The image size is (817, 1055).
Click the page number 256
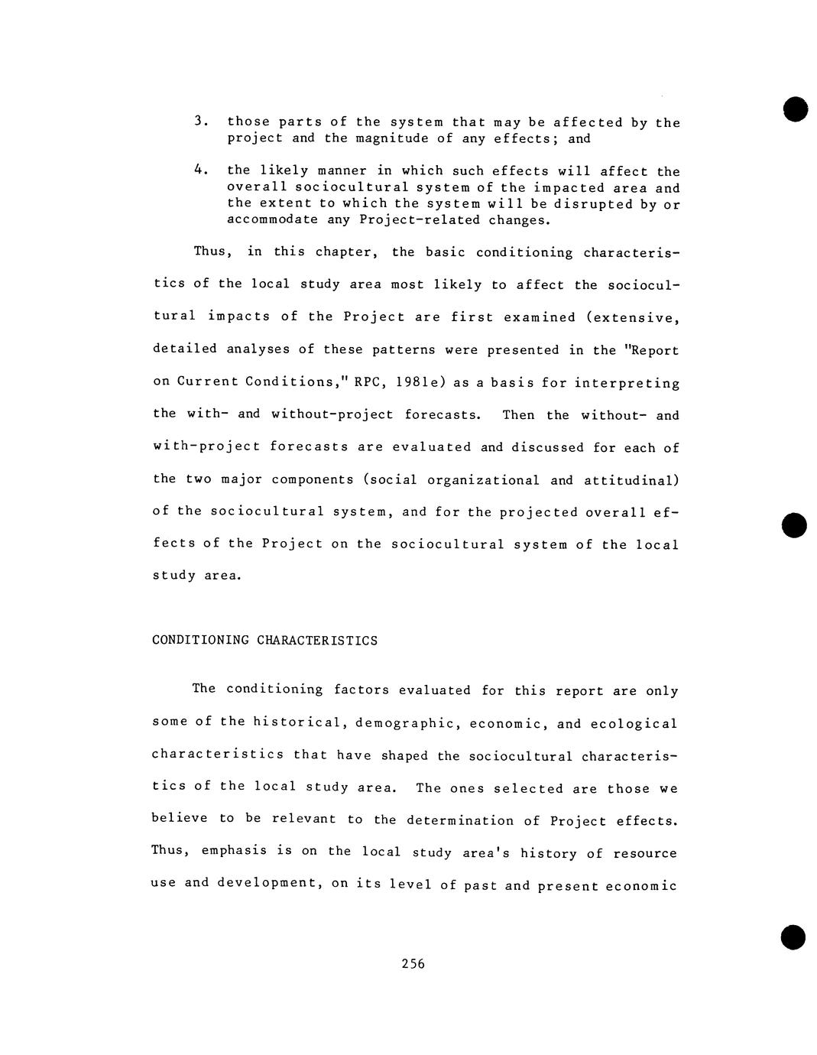point(413,964)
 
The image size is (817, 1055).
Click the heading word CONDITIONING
point(200,641)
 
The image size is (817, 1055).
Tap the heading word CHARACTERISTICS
point(317,641)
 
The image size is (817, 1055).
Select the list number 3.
point(199,122)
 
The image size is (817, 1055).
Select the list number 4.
point(199,170)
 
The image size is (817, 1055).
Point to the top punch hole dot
point(794,109)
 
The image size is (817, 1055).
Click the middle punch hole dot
point(794,524)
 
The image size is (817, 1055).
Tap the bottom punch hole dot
point(793,937)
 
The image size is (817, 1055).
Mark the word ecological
point(634,724)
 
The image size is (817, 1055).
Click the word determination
point(460,821)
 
